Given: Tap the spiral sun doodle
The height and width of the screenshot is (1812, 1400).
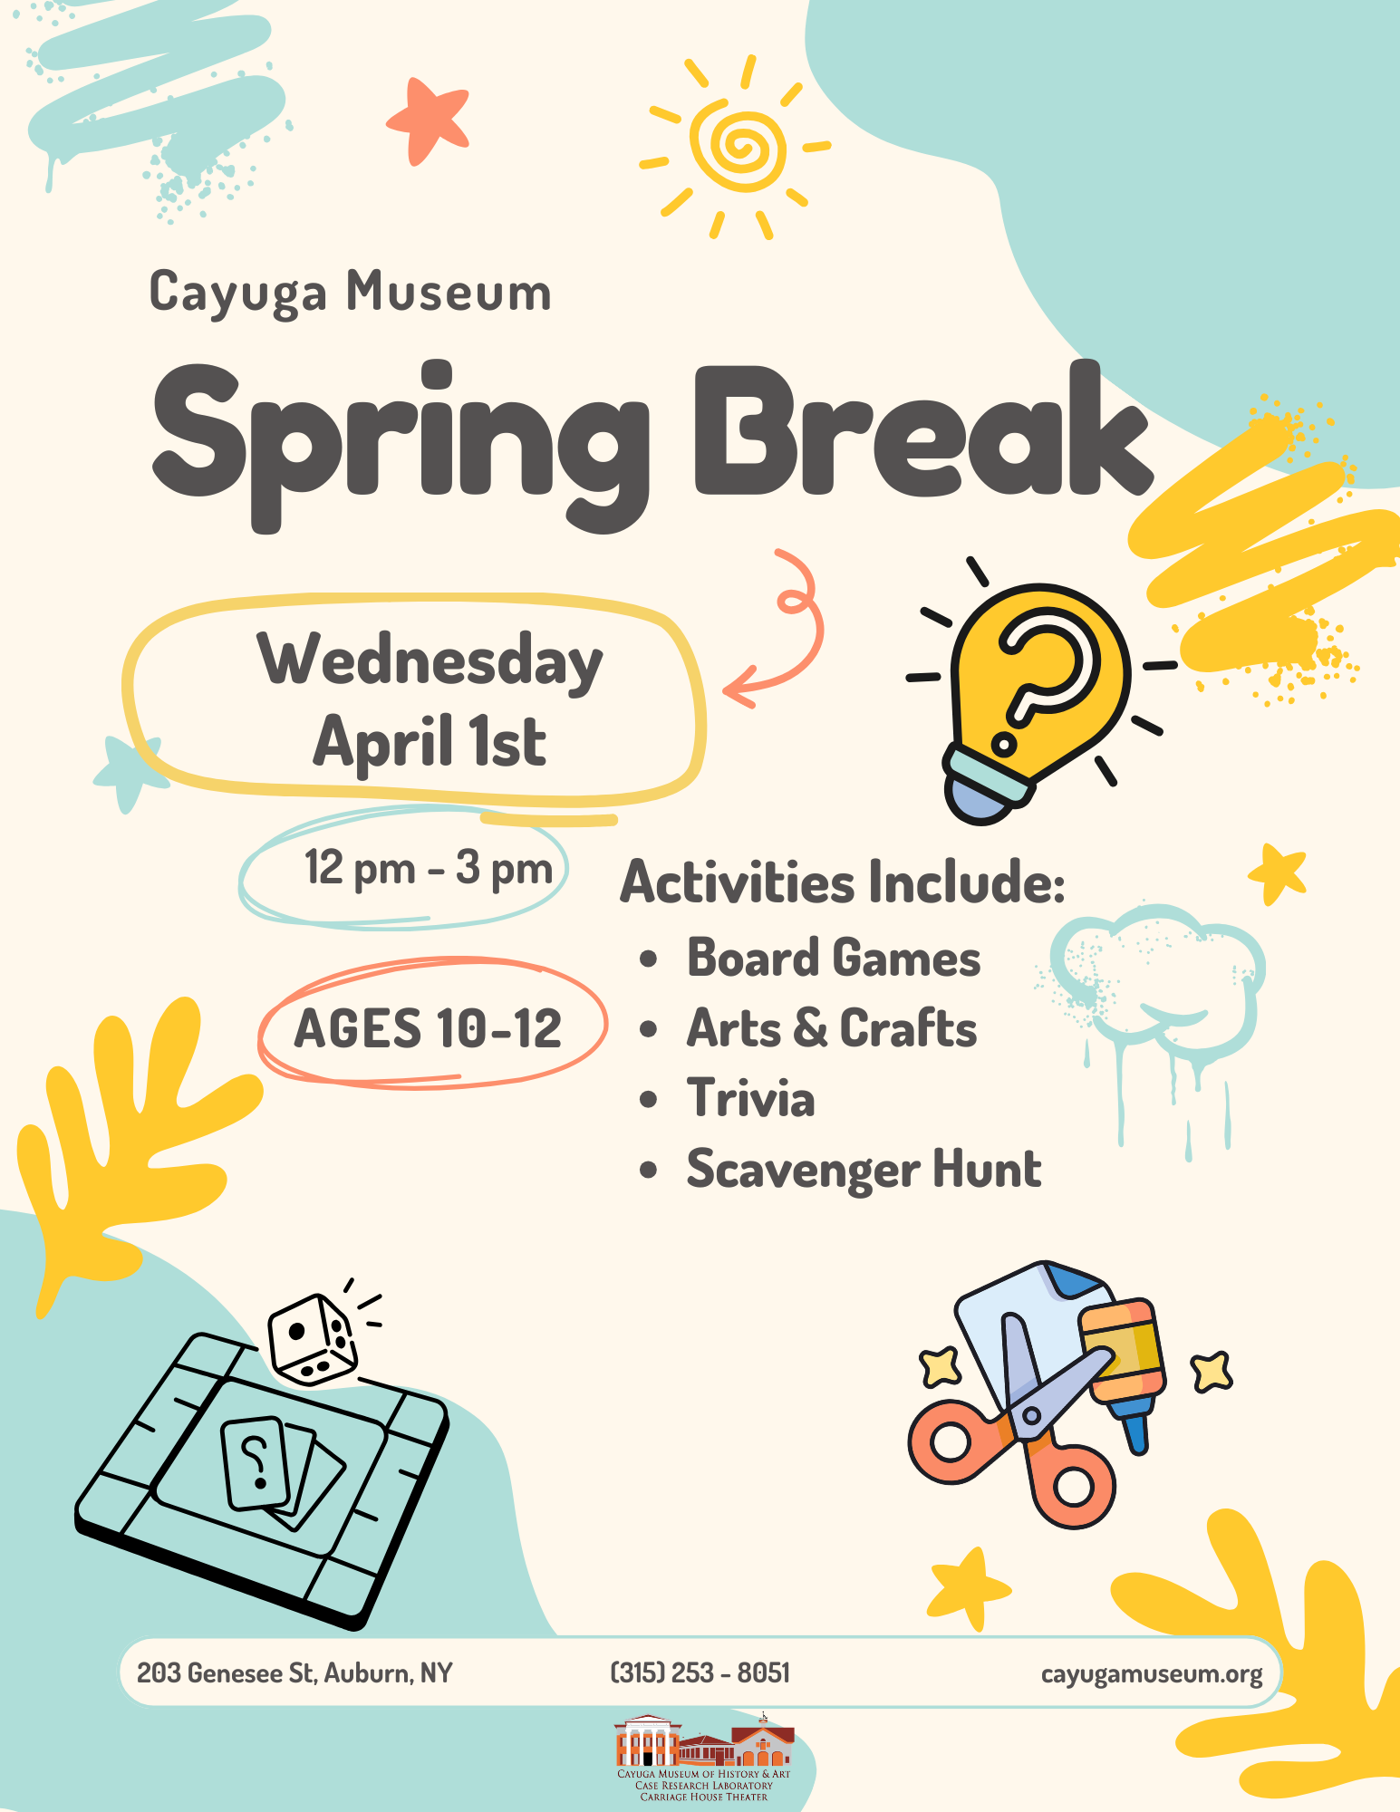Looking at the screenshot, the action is tap(735, 147).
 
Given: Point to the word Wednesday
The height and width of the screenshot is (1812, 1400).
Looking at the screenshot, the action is tap(430, 660).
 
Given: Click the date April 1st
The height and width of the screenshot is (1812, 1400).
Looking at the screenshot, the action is tap(430, 741).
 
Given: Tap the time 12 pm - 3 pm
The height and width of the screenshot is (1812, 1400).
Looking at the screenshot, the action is tap(429, 868).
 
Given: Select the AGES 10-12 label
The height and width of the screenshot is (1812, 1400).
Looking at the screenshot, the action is tap(428, 1028).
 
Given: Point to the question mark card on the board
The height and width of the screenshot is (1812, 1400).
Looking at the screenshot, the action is tap(256, 1463).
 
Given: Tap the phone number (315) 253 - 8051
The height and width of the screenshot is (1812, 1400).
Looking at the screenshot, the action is tap(700, 1672).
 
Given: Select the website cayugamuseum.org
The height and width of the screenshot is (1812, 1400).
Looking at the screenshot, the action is tap(1152, 1674).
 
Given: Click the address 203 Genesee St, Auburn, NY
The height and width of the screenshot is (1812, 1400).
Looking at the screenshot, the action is tap(294, 1673).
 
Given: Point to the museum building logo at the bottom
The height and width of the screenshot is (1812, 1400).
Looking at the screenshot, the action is tap(704, 1757).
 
